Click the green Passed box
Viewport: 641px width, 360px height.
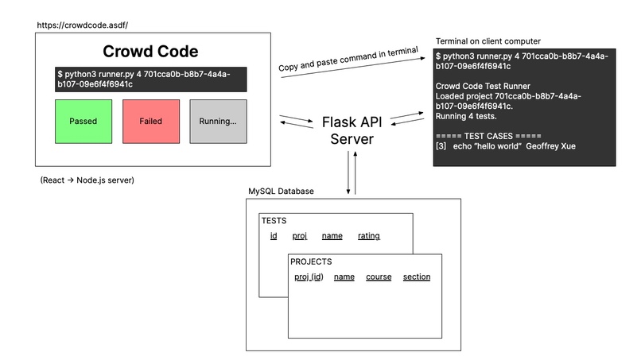84,122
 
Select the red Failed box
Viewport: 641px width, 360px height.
150,122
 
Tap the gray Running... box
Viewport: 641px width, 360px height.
218,122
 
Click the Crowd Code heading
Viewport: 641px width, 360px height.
150,52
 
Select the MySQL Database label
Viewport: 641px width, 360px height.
281,192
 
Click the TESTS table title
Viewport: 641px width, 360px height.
274,221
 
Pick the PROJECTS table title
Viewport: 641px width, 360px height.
311,261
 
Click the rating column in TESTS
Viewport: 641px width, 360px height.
368,236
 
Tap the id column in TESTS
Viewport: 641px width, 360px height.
274,236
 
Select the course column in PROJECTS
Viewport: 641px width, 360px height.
379,277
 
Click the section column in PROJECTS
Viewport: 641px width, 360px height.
417,277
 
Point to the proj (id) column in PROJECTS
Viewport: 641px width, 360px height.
309,277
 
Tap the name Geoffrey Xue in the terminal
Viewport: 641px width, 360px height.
550,146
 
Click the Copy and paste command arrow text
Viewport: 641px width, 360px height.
348,60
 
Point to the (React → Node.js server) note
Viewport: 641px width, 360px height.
87,180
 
